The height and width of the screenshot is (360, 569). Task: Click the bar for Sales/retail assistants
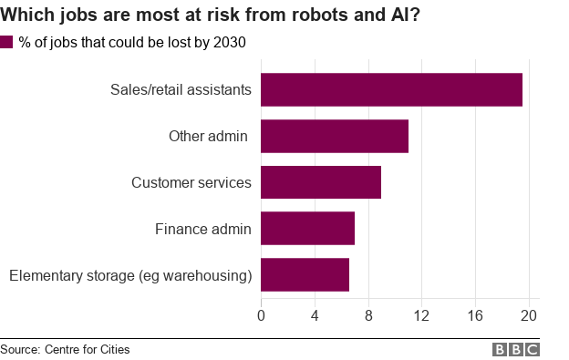coord(391,89)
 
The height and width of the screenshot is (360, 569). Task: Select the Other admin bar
coord(335,136)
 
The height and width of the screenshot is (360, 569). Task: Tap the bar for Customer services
coord(321,182)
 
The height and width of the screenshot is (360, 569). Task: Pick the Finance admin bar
coord(307,228)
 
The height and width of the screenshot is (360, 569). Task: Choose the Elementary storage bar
coord(305,274)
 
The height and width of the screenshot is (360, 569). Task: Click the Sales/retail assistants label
coord(181,89)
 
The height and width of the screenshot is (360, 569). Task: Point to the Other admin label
coord(210,136)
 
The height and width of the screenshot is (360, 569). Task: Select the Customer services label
coord(191,182)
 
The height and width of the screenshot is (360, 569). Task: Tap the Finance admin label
coord(202,228)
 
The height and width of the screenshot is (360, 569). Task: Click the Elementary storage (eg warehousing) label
coord(129,274)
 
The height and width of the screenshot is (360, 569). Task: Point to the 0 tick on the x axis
coord(262,315)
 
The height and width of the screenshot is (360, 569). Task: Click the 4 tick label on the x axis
coord(315,315)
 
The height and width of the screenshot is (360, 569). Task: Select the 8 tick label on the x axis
coord(368,315)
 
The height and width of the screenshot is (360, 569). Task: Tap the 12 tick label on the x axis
coord(422,315)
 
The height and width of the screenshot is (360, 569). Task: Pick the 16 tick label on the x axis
coord(475,315)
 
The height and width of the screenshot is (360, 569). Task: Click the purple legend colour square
coord(7,42)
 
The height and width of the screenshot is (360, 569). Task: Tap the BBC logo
coord(516,349)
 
